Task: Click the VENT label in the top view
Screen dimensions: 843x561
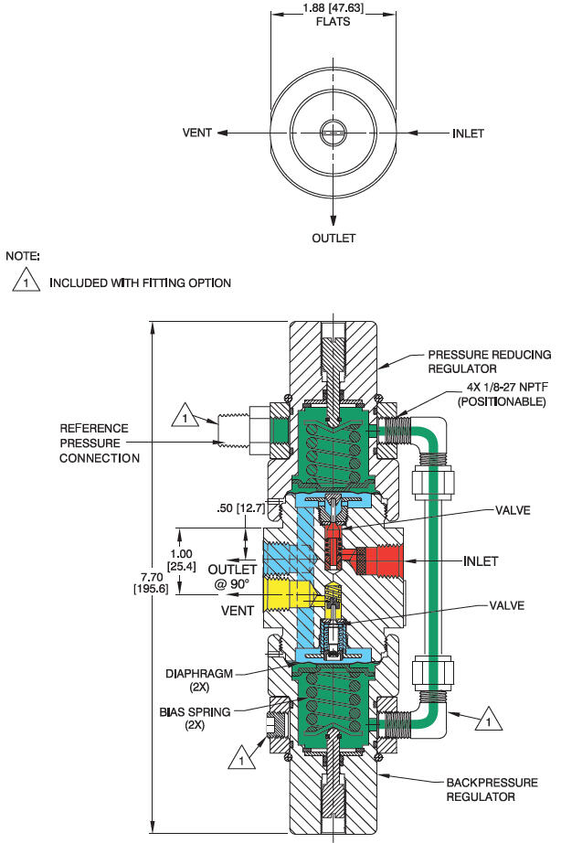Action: click(x=196, y=133)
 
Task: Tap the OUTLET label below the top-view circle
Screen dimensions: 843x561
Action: click(x=333, y=238)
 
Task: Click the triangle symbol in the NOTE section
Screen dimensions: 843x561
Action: click(x=26, y=283)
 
